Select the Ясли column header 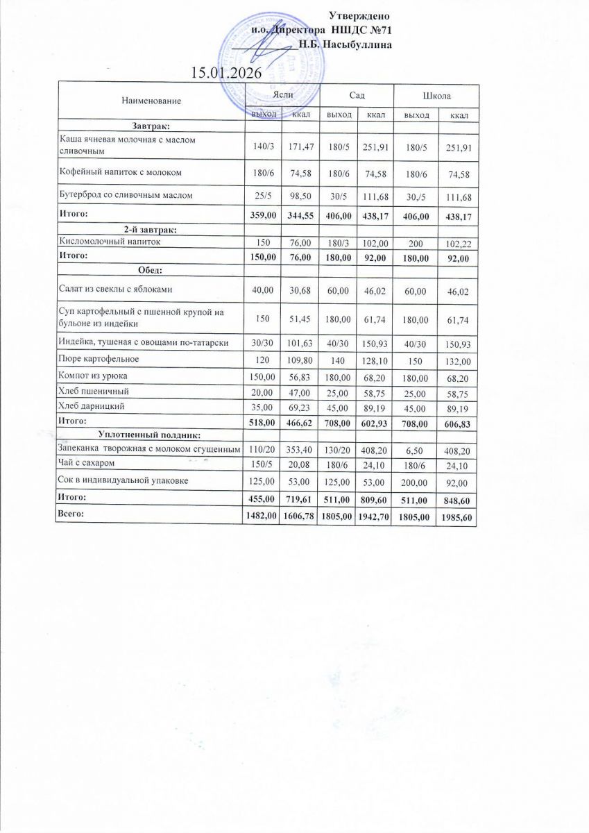[282, 95]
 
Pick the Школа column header [436, 95]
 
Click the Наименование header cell [151, 101]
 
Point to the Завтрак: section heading [151, 126]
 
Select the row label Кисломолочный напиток [110, 242]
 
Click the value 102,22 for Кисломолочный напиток [458, 244]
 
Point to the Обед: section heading [151, 269]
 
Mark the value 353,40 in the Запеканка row [300, 450]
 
